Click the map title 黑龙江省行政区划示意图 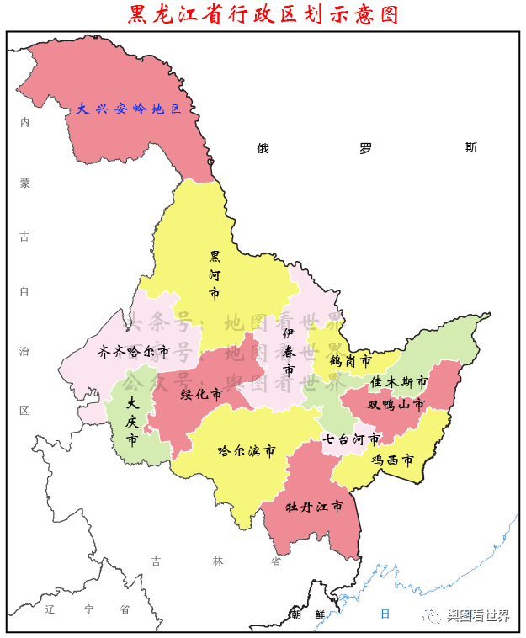point(263,15)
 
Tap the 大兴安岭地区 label point(129,109)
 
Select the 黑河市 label point(215,274)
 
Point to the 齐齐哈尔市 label point(134,351)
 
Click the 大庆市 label point(131,419)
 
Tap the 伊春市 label point(289,352)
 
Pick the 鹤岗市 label point(350,360)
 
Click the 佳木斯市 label point(398,382)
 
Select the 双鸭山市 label point(396,404)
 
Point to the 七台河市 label point(352,439)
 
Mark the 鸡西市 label point(393,460)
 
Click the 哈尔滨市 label point(246,451)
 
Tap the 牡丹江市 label point(314,507)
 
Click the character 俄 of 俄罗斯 point(263,148)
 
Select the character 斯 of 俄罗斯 point(470,147)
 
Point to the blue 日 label point(385,614)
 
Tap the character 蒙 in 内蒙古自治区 point(25,183)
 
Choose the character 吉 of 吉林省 point(156,561)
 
